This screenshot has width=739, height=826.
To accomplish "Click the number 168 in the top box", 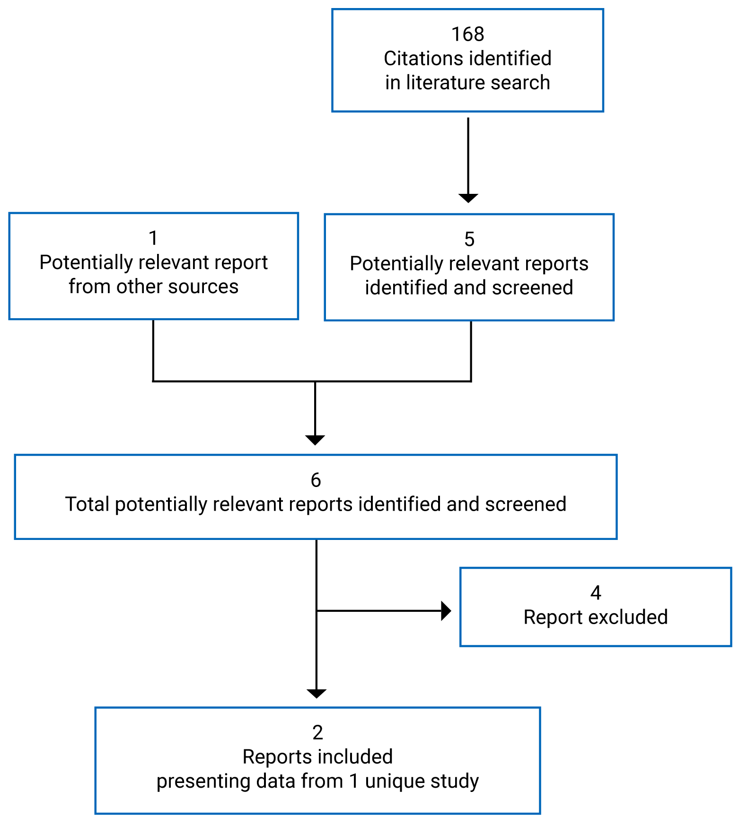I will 467,35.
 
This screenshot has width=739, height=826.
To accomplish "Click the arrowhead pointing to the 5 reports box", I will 468,198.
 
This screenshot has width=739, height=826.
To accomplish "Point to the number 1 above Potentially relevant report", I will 153,238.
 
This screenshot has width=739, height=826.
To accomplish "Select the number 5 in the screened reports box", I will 469,240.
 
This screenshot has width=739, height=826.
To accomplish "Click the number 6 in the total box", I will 316,480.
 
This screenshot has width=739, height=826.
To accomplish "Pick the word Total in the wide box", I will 87,504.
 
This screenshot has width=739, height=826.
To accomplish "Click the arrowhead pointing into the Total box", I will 315,440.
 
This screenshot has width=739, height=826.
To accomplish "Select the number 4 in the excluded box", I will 595,593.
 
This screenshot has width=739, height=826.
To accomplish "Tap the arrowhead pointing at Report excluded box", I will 446,611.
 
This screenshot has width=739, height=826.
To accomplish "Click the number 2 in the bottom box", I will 317,733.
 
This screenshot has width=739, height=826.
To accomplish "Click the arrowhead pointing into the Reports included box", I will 316,694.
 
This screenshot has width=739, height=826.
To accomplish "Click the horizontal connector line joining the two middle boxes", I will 237,381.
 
